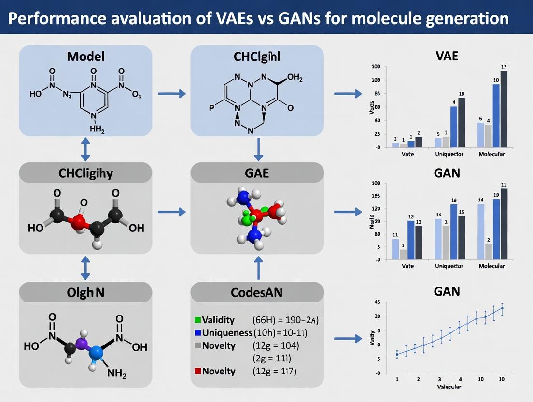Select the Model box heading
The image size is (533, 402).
[85, 56]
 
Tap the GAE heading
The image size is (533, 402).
[257, 173]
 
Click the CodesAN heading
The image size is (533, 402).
[257, 293]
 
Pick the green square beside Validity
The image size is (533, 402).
[196, 319]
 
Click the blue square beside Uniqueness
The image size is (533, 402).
[196, 332]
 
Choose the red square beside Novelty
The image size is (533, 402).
[196, 371]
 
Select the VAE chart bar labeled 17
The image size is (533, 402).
[504, 109]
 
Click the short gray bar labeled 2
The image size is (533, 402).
[489, 251]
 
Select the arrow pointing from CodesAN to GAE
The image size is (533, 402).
[259, 268]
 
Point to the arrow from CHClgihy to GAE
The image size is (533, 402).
[172, 212]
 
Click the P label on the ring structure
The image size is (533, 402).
[211, 107]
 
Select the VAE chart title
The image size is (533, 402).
[447, 55]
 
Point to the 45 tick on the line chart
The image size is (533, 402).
[377, 303]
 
